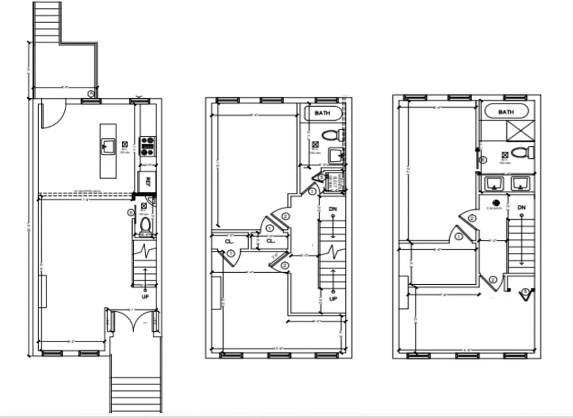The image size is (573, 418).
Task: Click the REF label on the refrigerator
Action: tap(148, 182)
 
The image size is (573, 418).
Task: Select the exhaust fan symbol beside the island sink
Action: tap(125, 143)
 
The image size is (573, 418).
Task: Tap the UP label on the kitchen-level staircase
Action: tap(145, 297)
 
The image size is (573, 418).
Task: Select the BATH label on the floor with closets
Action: tap(323, 113)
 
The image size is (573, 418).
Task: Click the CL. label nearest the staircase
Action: tap(271, 241)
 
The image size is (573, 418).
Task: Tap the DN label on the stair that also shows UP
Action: tap(333, 209)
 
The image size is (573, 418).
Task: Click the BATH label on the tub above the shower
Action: tap(506, 112)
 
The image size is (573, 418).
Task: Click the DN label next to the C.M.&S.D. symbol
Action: tap(521, 208)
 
